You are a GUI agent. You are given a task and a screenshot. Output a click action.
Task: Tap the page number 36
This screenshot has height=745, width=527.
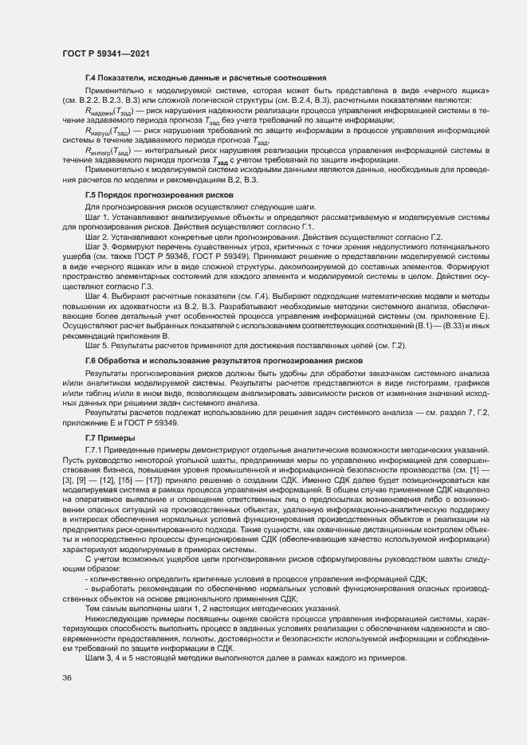67,677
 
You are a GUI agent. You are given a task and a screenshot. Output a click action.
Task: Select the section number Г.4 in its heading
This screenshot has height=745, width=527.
91,78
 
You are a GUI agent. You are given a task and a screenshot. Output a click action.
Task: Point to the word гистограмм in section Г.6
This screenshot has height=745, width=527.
378,383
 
